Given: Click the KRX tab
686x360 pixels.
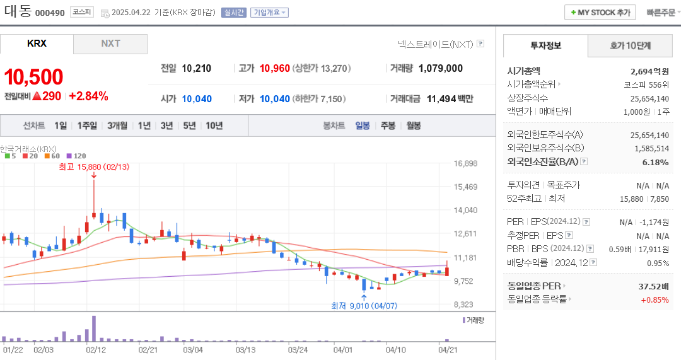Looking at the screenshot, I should [37, 44].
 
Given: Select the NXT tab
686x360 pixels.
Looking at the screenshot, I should [110, 44].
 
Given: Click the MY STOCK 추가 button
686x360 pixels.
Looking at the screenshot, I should [600, 13].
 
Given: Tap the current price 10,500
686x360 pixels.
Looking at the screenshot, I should [33, 77].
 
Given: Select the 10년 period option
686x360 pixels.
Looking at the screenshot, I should [214, 125].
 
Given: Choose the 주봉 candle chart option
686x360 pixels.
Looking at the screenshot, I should [388, 125].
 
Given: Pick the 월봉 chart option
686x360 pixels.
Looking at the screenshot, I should [414, 125].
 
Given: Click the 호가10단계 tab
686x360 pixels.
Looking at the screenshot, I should [630, 45].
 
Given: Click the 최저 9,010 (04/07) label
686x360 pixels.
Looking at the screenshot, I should [364, 306].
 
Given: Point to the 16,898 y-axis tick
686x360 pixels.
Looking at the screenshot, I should [465, 163].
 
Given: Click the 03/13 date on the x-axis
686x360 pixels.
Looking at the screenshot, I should [245, 349].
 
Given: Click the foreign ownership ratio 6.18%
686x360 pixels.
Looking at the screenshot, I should [655, 162].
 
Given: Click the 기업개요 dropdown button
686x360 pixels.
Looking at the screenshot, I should [269, 13].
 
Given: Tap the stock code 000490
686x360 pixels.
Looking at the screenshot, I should [50, 13].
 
